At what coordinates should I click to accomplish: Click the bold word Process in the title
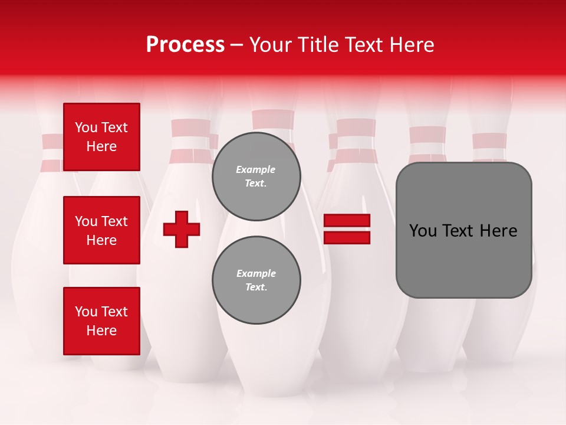click(x=185, y=45)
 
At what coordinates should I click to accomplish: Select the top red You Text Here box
click(x=101, y=137)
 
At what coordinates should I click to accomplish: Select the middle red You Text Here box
click(x=101, y=230)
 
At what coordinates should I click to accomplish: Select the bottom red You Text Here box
click(x=101, y=321)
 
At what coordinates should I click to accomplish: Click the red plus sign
click(x=182, y=229)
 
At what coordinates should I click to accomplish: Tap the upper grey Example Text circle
click(x=256, y=176)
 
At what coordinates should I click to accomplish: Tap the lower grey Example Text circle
click(x=256, y=280)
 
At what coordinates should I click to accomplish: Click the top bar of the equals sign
click(x=347, y=220)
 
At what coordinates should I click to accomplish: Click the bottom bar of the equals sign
click(x=347, y=237)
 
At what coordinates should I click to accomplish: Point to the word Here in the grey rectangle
click(x=498, y=231)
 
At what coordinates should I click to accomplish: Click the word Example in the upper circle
click(x=256, y=169)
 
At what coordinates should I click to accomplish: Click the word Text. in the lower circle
click(x=256, y=287)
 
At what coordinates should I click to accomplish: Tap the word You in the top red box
click(x=85, y=127)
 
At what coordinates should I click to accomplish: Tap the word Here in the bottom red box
click(x=101, y=331)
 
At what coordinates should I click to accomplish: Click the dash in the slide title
click(x=236, y=45)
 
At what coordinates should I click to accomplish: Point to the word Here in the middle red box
click(x=101, y=240)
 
